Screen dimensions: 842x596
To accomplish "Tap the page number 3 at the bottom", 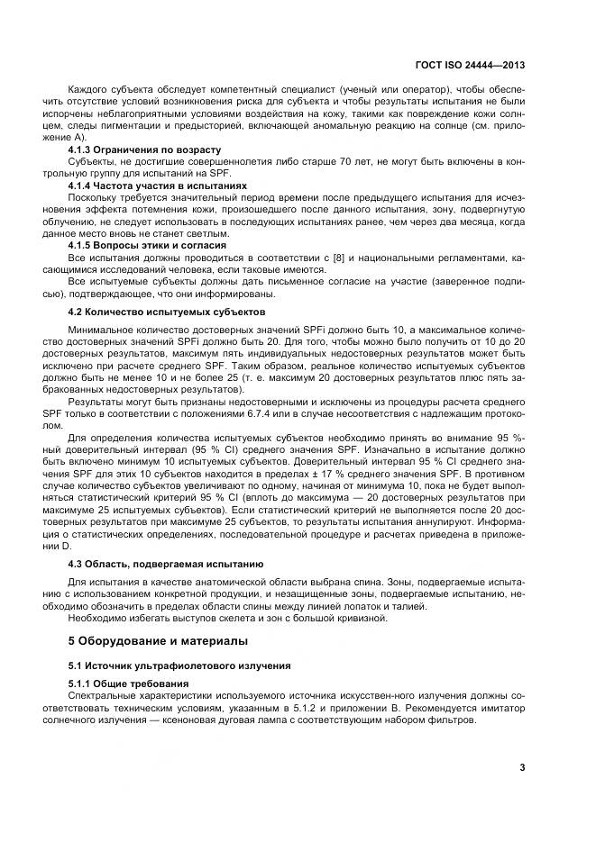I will (x=522, y=767).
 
